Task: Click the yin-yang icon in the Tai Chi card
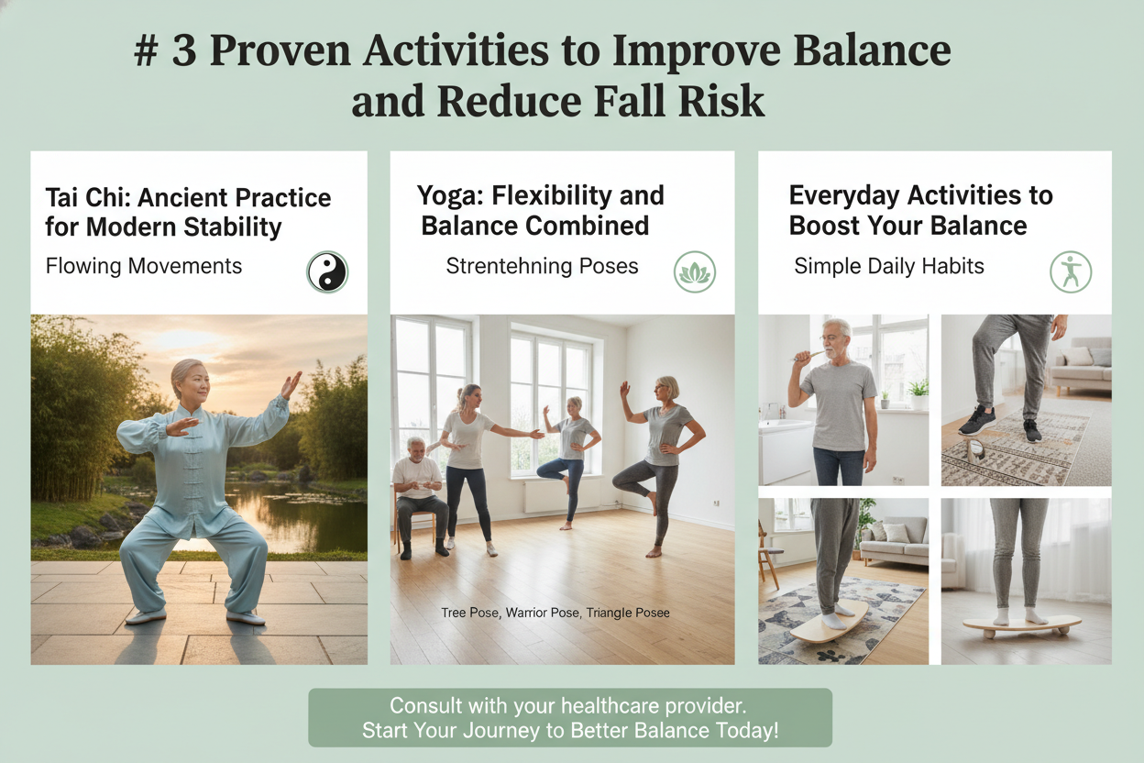coord(327,271)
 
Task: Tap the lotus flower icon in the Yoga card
coord(695,271)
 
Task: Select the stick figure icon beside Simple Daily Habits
coord(1071,271)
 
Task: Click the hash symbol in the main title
coord(145,51)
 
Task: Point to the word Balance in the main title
coord(872,50)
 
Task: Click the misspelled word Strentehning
coord(506,266)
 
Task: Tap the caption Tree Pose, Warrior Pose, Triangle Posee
coord(555,613)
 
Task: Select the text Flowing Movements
coord(144,266)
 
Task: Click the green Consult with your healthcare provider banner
coord(570,717)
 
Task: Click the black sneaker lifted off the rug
coord(979,421)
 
